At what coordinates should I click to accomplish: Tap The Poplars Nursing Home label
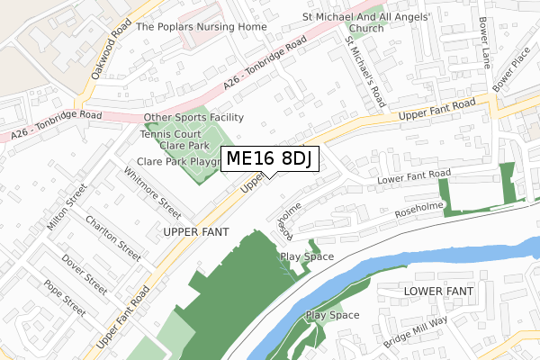[202, 27]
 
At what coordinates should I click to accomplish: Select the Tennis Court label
[172, 133]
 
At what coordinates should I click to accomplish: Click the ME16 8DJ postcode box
[268, 159]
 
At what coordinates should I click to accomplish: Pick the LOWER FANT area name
[437, 292]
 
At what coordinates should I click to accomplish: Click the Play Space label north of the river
[307, 256]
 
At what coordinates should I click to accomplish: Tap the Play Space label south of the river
[332, 315]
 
